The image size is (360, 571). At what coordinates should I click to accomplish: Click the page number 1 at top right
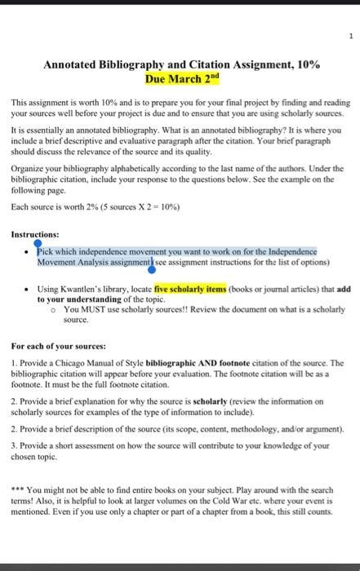[350, 36]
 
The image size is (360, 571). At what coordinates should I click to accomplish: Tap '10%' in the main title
[303, 64]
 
